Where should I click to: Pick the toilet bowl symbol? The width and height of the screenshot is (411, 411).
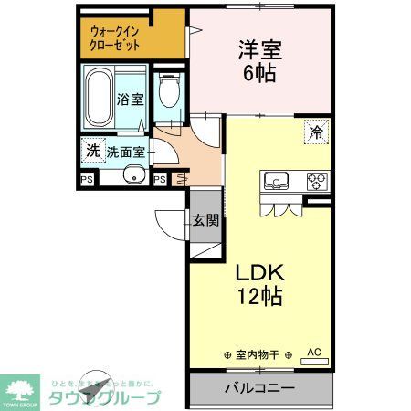point(167,92)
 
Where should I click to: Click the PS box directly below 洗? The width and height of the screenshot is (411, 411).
point(88,179)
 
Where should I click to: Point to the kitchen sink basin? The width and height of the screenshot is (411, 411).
point(276,180)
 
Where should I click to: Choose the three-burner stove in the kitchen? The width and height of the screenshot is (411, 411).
point(316,180)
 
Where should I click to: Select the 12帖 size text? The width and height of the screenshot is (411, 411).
point(262,298)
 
